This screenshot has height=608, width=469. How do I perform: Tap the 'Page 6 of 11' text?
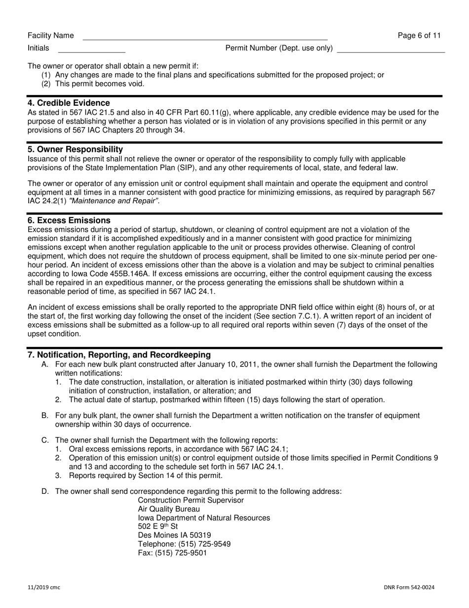(419, 36)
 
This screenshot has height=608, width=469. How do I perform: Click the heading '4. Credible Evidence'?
(69, 103)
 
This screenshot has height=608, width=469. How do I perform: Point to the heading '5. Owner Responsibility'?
(75, 149)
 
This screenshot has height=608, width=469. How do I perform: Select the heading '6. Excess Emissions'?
(69, 220)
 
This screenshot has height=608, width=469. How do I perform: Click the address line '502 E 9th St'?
(157, 526)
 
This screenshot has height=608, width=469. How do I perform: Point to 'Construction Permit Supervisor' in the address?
(191, 500)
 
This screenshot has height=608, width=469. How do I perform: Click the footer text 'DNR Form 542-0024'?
(409, 587)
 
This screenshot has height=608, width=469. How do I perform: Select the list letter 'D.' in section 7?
(45, 491)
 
